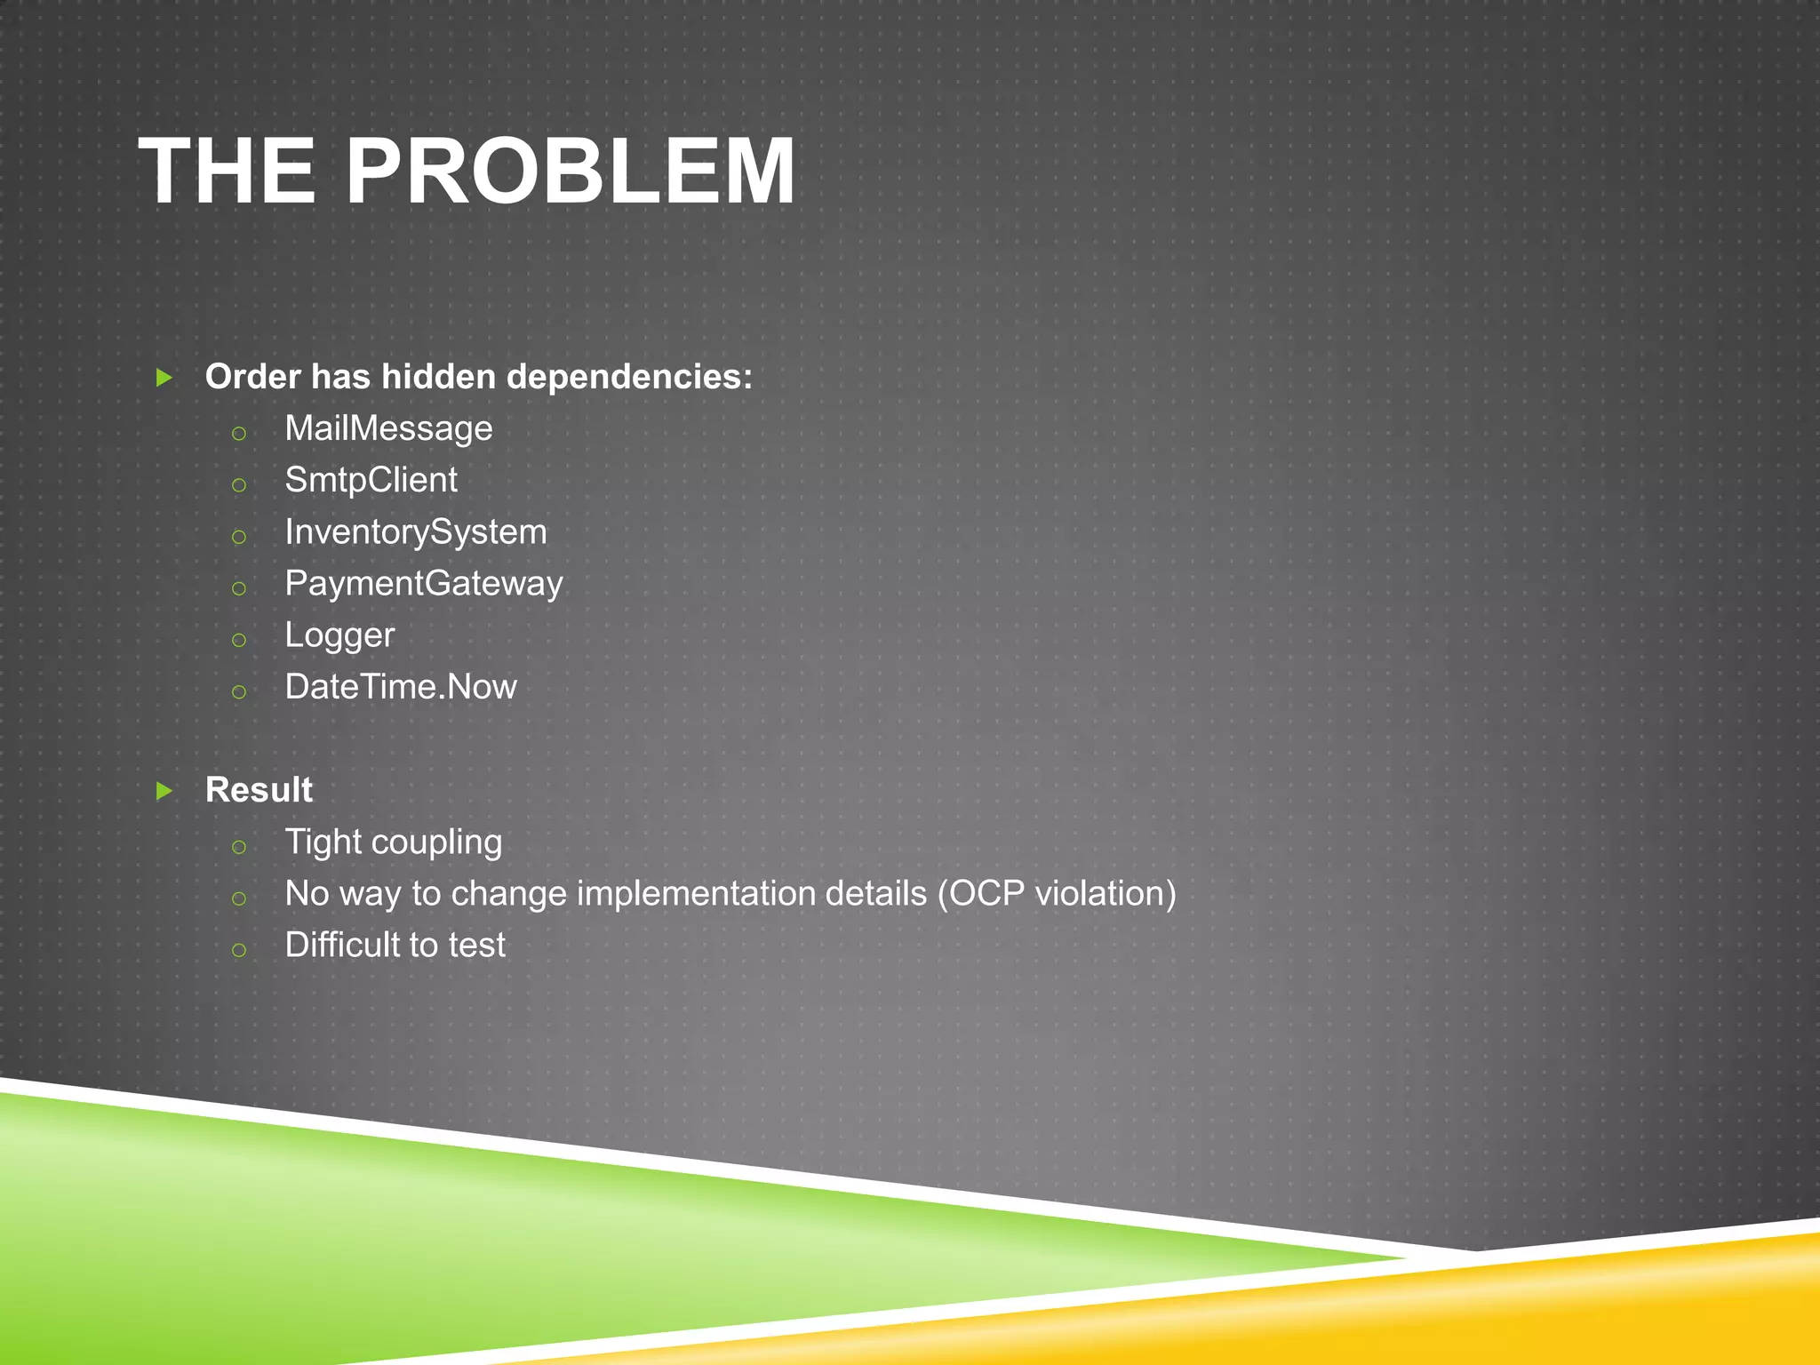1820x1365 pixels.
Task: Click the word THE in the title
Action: (x=227, y=172)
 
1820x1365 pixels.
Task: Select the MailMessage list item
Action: (x=388, y=429)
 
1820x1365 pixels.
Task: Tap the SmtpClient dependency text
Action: (x=371, y=481)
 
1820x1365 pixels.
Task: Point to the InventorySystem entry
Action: (x=416, y=532)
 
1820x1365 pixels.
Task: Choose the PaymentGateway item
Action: (x=424, y=584)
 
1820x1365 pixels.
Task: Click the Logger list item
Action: (x=339, y=635)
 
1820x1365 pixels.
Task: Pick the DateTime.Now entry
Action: (x=401, y=687)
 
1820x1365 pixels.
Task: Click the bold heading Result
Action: (x=259, y=790)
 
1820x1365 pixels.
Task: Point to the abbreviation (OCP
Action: (x=981, y=894)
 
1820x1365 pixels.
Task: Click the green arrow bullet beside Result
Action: (x=164, y=790)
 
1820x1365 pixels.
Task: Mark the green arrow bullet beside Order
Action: (x=164, y=378)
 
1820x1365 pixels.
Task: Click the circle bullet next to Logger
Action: (x=238, y=640)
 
